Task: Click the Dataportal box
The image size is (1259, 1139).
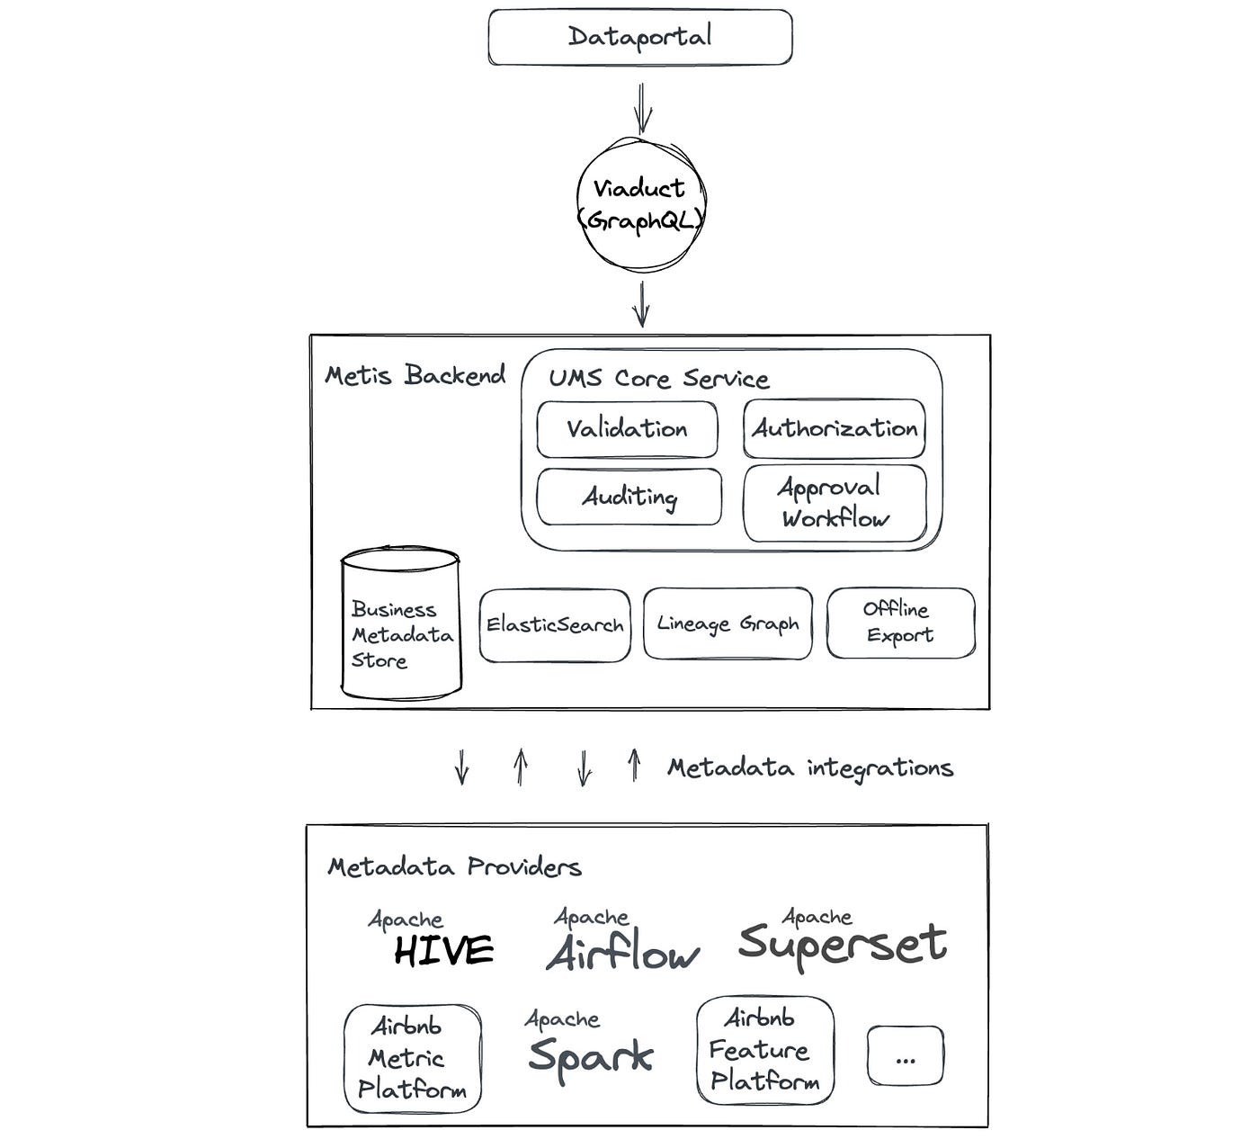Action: [639, 37]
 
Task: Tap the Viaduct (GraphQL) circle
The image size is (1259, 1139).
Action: [640, 203]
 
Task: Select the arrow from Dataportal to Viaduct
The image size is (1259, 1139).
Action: [642, 107]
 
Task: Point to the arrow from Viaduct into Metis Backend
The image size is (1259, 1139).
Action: [640, 304]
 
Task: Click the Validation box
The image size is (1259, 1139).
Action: [627, 429]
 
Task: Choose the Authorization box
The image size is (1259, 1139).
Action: [834, 429]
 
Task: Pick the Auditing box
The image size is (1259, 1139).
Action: [629, 497]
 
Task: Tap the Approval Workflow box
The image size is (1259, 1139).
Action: [835, 503]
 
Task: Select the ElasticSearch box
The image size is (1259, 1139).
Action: [554, 625]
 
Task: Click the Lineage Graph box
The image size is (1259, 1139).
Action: [728, 623]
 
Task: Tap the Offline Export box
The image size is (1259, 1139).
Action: [899, 623]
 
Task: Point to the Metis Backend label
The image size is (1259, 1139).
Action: [415, 375]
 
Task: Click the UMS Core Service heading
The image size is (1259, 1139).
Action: [659, 379]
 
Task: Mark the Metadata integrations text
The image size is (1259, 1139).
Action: [809, 768]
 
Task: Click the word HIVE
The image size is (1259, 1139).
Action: [443, 951]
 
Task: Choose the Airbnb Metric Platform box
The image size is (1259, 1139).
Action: [413, 1058]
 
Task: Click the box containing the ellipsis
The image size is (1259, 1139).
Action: [905, 1056]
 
